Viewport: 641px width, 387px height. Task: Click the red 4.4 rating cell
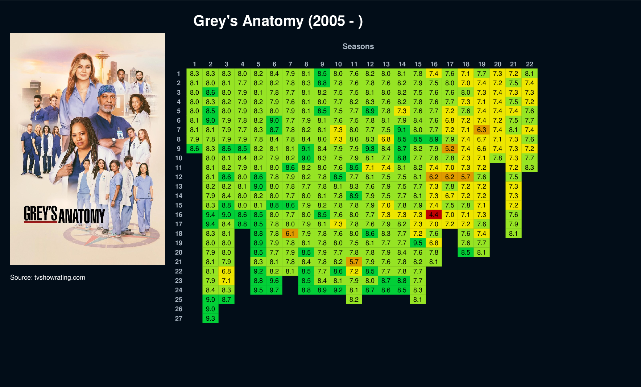pos(434,215)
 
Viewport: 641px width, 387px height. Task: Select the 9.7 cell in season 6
pos(274,290)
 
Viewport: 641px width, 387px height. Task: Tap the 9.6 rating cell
pos(274,281)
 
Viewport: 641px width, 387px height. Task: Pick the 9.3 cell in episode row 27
pos(210,318)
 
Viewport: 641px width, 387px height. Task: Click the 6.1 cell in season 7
pos(290,234)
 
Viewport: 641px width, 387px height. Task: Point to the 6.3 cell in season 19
pos(481,130)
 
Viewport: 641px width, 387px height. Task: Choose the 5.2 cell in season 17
pos(450,149)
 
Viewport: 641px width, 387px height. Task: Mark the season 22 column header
pos(529,64)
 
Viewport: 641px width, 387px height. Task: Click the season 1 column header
pos(194,64)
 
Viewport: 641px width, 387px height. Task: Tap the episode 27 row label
pos(178,318)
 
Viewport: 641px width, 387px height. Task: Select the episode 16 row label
pos(178,215)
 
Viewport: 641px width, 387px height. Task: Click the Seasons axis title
pos(358,46)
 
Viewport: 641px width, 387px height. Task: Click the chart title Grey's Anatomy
pos(278,21)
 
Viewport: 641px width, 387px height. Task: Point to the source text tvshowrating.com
pos(59,277)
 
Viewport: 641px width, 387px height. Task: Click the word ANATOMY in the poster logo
pos(82,216)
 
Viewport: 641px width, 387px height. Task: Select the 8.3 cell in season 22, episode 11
pos(529,168)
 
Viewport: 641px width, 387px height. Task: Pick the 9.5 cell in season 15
pos(418,243)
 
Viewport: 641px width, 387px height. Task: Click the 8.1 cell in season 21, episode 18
pos(513,234)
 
